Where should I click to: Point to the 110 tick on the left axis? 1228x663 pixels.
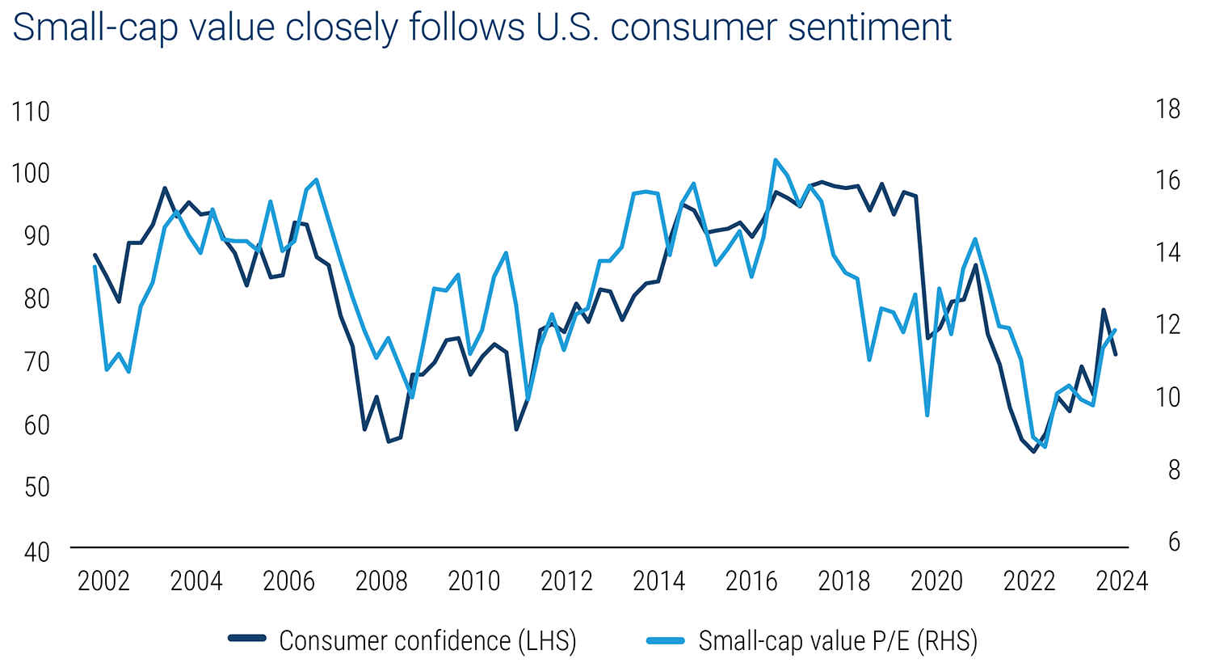point(32,112)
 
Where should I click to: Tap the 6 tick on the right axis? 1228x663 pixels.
point(1174,542)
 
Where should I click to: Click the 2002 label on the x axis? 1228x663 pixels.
point(103,581)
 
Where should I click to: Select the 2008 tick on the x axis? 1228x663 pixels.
point(381,581)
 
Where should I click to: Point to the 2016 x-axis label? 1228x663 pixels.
point(751,581)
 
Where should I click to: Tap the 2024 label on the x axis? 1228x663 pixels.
point(1121,581)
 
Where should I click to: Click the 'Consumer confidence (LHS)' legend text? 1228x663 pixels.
point(427,640)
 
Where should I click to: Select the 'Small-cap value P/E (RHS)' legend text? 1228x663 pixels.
point(838,640)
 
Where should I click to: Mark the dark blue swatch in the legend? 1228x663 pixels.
point(247,640)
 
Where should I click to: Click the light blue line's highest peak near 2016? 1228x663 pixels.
point(776,160)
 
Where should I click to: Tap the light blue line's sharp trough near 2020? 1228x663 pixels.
point(927,415)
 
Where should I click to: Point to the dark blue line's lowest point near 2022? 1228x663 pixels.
point(1033,451)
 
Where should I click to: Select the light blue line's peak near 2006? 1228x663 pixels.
point(316,179)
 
